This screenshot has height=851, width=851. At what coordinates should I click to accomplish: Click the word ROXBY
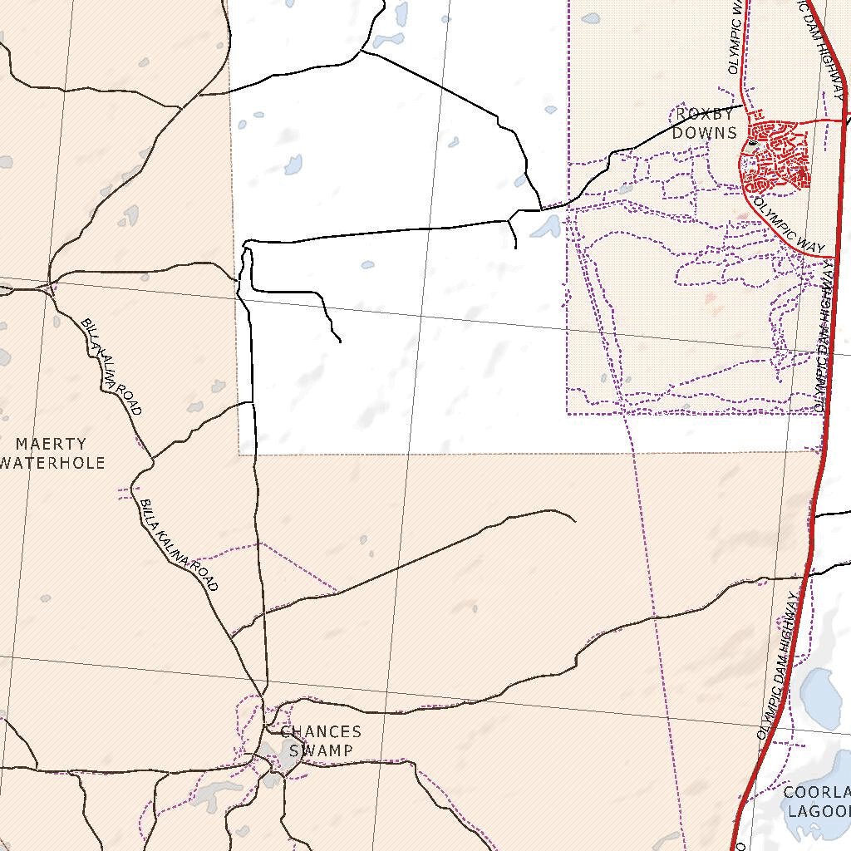point(704,115)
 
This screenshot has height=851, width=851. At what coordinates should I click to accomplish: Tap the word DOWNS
point(704,133)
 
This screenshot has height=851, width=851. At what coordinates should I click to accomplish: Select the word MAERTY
point(51,445)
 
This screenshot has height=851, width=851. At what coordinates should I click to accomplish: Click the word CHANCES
point(321,732)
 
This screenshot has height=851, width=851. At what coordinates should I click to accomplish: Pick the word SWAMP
point(321,750)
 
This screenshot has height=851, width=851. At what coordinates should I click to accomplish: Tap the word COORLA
point(818,793)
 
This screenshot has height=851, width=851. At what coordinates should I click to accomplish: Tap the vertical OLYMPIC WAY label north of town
point(735,37)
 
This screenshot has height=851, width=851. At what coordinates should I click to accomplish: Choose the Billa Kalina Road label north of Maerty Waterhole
point(111,366)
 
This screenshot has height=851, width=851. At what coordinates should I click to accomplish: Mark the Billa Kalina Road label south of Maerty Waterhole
point(179,545)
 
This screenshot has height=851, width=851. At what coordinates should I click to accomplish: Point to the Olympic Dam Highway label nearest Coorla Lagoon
point(779,665)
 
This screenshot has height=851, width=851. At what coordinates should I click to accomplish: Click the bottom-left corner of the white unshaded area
point(239,454)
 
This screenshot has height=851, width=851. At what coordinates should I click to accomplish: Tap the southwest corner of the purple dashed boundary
point(568,413)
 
